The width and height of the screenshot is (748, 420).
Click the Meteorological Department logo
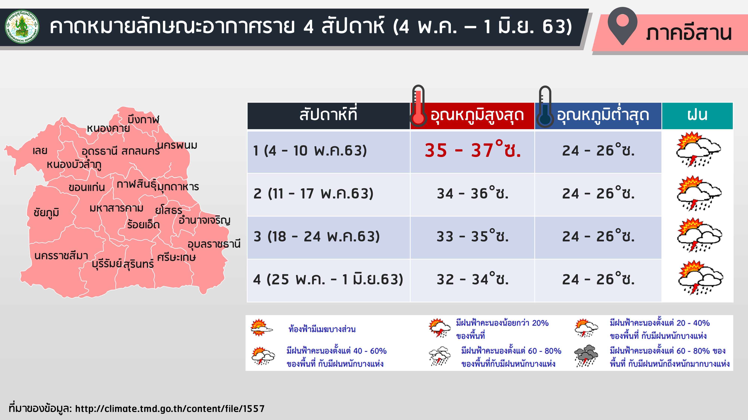(x=22, y=27)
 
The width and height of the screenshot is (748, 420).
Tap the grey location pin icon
(x=622, y=26)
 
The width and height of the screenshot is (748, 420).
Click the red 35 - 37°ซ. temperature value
(x=473, y=150)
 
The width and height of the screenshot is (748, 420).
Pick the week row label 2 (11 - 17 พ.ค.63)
(x=313, y=194)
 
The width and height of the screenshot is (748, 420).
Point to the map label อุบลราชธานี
(x=214, y=244)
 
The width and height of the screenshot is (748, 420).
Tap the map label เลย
(x=40, y=151)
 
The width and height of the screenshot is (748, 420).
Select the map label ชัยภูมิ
(x=46, y=212)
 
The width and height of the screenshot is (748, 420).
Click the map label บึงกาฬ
(x=143, y=119)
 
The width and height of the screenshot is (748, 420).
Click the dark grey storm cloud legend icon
(x=586, y=356)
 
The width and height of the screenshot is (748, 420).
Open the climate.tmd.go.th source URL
(x=170, y=409)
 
